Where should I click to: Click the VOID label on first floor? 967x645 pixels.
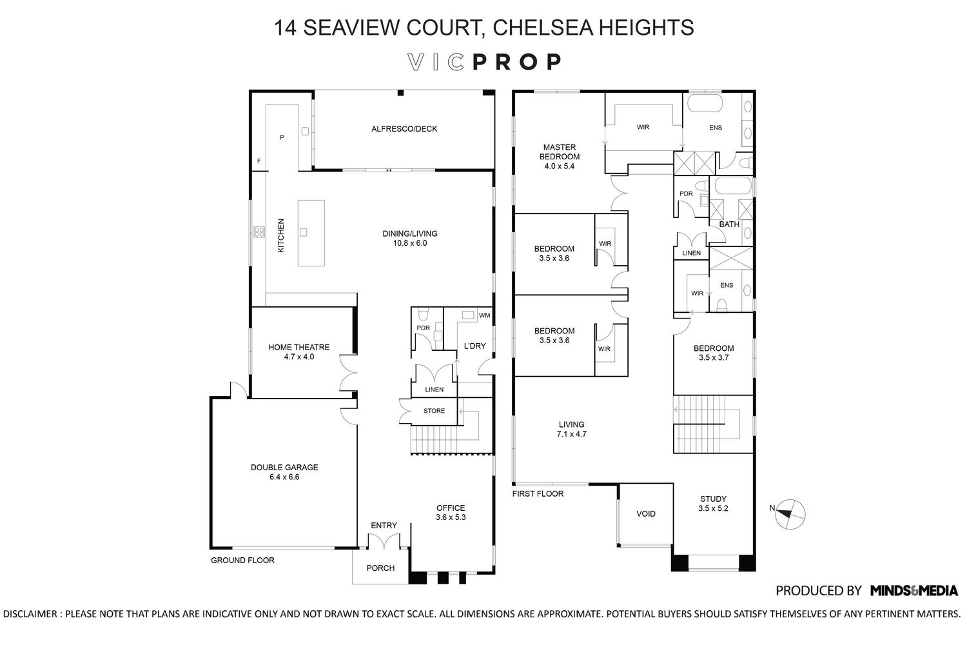click(x=645, y=514)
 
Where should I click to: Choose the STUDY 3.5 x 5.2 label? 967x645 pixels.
click(x=713, y=504)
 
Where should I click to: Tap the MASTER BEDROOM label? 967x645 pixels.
click(x=559, y=152)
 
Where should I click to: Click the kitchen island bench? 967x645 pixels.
click(x=311, y=233)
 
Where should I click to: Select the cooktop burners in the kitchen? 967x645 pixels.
click(x=259, y=232)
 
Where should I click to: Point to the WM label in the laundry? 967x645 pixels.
click(x=484, y=315)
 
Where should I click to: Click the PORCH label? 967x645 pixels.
click(x=380, y=568)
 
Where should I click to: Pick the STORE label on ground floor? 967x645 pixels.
click(x=434, y=411)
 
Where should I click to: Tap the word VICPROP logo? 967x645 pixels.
click(x=485, y=62)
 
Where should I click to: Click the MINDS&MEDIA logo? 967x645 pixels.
click(x=913, y=590)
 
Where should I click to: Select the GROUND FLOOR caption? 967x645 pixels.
click(x=242, y=561)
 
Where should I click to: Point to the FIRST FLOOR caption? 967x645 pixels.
click(x=538, y=494)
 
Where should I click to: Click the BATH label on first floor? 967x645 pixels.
click(x=729, y=224)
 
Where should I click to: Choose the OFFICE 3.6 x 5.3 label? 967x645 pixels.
click(x=450, y=513)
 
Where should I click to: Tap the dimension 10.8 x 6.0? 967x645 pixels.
click(x=410, y=244)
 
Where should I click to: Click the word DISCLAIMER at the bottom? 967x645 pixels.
click(x=30, y=614)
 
